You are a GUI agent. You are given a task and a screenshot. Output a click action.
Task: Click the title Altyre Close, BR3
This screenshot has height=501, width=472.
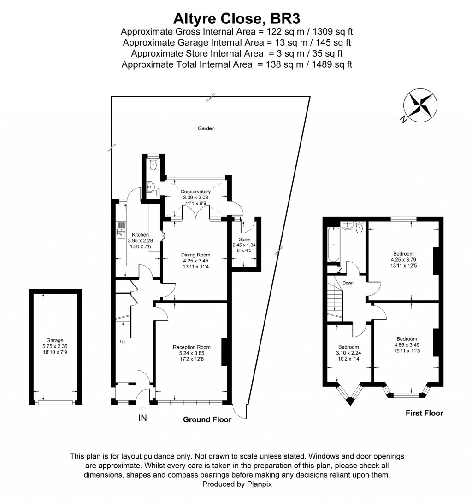[236, 18]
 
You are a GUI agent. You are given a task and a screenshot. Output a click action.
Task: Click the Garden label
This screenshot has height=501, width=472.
[206, 128]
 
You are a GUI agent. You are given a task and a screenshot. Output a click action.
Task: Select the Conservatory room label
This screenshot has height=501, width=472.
[195, 192]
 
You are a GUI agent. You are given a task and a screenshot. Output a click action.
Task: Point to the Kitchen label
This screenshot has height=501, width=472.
[141, 235]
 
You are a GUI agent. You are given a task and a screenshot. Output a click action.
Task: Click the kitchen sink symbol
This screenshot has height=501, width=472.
[121, 230]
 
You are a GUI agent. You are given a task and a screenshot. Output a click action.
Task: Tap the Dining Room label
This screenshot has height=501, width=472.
[196, 255]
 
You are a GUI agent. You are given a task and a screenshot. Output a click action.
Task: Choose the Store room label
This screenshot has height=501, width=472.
[244, 239]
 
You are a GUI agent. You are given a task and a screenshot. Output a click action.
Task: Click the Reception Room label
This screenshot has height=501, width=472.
[192, 347]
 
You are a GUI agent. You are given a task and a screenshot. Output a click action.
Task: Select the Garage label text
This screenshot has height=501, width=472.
[55, 341]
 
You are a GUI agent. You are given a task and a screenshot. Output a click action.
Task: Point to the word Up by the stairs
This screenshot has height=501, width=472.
[123, 342]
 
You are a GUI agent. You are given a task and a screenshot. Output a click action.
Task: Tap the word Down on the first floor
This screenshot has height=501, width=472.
[348, 283]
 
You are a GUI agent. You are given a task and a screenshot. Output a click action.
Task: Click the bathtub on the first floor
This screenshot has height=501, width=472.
[334, 245]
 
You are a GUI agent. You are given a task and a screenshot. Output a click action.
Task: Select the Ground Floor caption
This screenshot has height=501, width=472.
[207, 419]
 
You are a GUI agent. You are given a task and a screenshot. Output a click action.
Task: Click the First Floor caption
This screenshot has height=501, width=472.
[425, 413]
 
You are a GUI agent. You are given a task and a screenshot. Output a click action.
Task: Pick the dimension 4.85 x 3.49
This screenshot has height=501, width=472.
[407, 345]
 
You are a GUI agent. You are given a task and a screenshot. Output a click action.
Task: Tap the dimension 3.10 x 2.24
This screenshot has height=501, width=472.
[348, 353]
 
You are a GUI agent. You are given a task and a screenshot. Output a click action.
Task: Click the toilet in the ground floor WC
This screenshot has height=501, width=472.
[153, 164]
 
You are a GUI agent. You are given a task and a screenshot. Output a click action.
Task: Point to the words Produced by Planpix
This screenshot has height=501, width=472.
[237, 484]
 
